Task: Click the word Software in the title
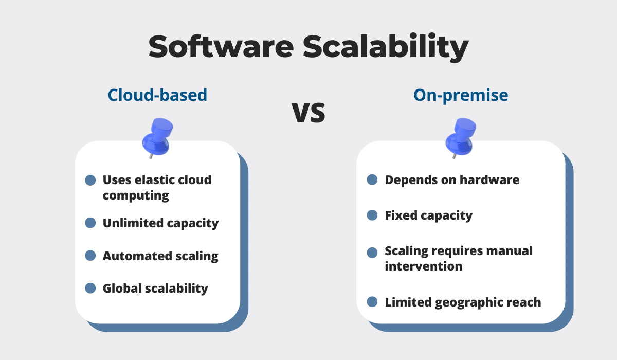click(x=221, y=47)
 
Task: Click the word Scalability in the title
click(x=386, y=47)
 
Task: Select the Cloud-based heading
click(x=157, y=95)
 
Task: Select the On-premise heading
click(x=461, y=96)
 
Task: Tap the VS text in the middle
click(x=308, y=113)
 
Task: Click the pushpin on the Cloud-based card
click(x=157, y=138)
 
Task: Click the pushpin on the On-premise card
click(x=461, y=138)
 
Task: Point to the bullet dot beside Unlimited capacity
click(x=90, y=223)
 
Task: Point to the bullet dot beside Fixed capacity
click(x=372, y=215)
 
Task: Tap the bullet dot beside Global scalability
click(x=90, y=288)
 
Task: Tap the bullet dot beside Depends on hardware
click(x=372, y=179)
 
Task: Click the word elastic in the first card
click(x=154, y=180)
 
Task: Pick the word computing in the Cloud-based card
click(x=136, y=196)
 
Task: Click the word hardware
click(x=489, y=180)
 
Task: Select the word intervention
click(x=424, y=266)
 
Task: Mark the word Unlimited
click(x=133, y=223)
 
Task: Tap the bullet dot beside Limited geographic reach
click(x=372, y=301)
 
